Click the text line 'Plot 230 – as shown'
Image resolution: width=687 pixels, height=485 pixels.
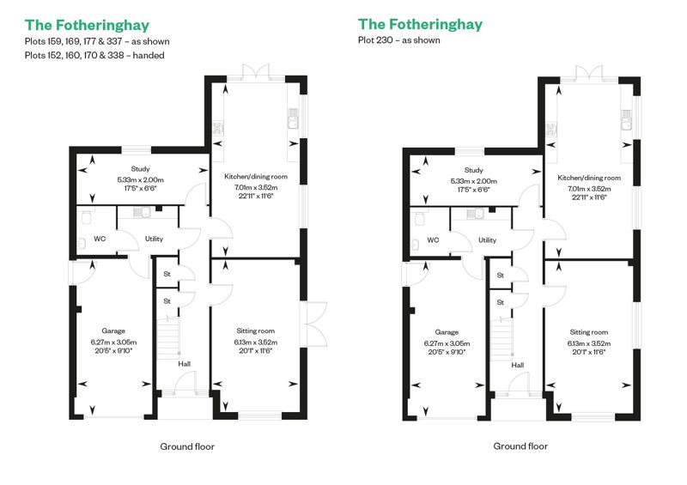pyautogui.click(x=398, y=40)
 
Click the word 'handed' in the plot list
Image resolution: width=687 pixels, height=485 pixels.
pyautogui.click(x=149, y=56)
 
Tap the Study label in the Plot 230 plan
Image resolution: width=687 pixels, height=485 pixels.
pyautogui.click(x=474, y=170)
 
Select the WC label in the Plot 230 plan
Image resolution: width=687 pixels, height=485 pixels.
pyautogui.click(x=433, y=240)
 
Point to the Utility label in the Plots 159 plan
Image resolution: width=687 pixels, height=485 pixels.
pyautogui.click(x=154, y=239)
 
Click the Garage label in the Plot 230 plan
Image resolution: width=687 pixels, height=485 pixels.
pyautogui.click(x=447, y=332)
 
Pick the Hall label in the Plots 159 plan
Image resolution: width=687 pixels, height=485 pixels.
pyautogui.click(x=184, y=364)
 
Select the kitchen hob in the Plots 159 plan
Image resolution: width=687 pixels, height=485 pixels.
pyautogui.click(x=218, y=129)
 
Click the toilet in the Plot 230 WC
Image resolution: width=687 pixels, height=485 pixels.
pyautogui.click(x=420, y=218)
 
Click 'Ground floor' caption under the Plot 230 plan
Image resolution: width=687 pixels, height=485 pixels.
pyautogui.click(x=520, y=446)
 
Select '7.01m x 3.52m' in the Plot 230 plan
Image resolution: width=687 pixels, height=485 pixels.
pyautogui.click(x=589, y=189)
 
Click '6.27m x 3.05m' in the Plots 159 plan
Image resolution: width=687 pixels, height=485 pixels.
pyautogui.click(x=113, y=343)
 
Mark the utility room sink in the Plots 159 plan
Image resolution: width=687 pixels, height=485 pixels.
pyautogui.click(x=142, y=213)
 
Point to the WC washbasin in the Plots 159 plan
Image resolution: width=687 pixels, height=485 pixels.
pyautogui.click(x=82, y=244)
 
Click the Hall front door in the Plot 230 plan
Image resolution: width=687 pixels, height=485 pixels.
pyautogui.click(x=519, y=385)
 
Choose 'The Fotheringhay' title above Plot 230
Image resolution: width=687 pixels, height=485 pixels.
pyautogui.click(x=420, y=24)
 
